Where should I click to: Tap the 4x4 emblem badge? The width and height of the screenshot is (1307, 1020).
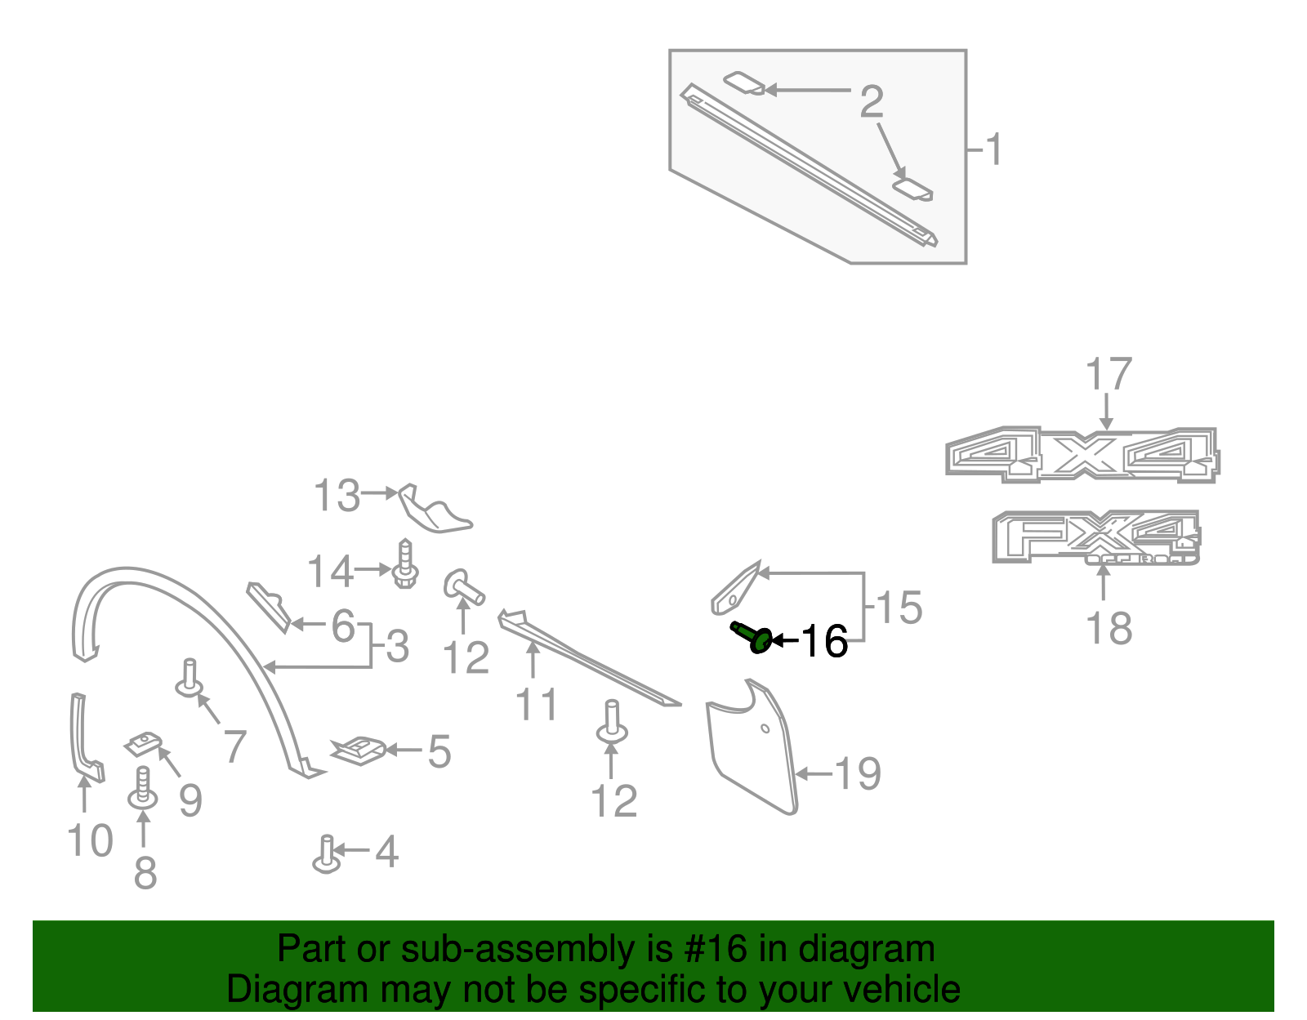(1082, 455)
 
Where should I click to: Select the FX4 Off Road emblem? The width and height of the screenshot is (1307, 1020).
(1096, 537)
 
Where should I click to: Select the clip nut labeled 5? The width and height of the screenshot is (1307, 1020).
(359, 751)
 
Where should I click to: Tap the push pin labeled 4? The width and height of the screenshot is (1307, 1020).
(327, 854)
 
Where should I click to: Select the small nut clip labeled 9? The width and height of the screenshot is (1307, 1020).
(144, 744)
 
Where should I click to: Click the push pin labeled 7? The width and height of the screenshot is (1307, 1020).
(190, 679)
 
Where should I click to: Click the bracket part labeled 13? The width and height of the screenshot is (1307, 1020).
(435, 510)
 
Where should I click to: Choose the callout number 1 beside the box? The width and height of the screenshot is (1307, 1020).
(993, 149)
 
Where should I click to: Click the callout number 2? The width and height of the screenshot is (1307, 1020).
(872, 101)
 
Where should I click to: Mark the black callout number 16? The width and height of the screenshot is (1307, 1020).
(824, 641)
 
